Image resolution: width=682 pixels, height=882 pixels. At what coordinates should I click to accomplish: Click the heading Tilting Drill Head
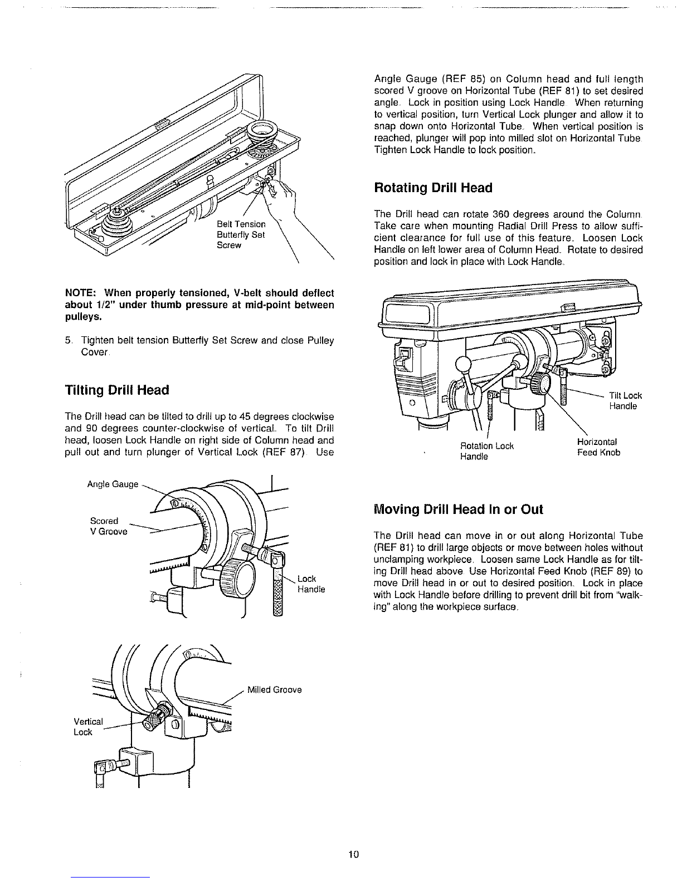tap(117, 390)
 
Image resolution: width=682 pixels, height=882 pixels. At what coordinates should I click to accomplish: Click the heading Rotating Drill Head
tap(433, 188)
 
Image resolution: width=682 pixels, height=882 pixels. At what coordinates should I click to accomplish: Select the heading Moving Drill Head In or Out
tap(458, 509)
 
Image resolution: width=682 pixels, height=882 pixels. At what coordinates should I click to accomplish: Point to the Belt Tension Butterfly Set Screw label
tap(241, 234)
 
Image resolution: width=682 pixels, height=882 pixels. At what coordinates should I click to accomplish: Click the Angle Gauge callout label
tap(113, 484)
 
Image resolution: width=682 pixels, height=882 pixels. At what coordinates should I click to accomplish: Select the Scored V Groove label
tap(109, 526)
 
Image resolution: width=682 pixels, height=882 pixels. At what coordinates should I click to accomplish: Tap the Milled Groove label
tap(275, 689)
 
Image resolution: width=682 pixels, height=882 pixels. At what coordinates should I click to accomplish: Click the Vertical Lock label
tap(88, 727)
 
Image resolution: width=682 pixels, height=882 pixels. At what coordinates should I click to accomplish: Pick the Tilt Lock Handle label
tap(626, 400)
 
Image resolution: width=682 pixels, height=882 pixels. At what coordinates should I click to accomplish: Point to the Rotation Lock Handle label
tap(486, 451)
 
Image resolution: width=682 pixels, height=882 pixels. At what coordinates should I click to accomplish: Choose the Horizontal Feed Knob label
tap(599, 447)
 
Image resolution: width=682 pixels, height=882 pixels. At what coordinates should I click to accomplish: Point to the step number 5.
tap(67, 340)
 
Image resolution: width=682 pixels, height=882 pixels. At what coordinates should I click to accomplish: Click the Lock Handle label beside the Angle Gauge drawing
tap(311, 584)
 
